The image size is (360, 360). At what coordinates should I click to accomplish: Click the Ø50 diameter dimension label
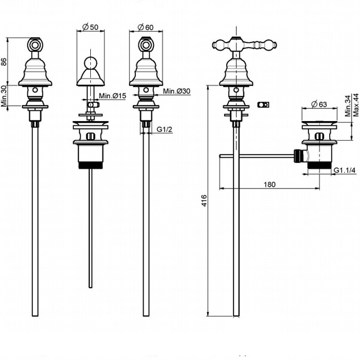click(x=90, y=27)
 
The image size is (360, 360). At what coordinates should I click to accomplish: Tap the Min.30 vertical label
click(x=5, y=96)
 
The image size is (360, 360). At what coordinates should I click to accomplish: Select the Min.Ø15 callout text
click(x=111, y=96)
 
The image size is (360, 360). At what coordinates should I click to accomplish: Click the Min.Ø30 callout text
click(x=176, y=91)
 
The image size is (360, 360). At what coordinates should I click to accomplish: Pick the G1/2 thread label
click(x=164, y=128)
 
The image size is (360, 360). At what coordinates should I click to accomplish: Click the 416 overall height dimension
click(x=203, y=201)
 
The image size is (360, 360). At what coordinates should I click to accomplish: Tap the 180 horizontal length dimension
click(x=269, y=184)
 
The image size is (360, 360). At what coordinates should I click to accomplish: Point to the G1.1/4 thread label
click(x=345, y=170)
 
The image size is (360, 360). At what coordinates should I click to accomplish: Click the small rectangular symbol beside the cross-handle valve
click(x=263, y=105)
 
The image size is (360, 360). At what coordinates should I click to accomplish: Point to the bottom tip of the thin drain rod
click(x=90, y=286)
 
